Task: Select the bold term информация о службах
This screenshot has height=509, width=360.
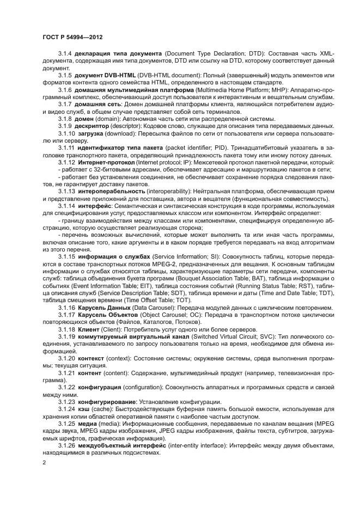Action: tap(114, 256)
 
